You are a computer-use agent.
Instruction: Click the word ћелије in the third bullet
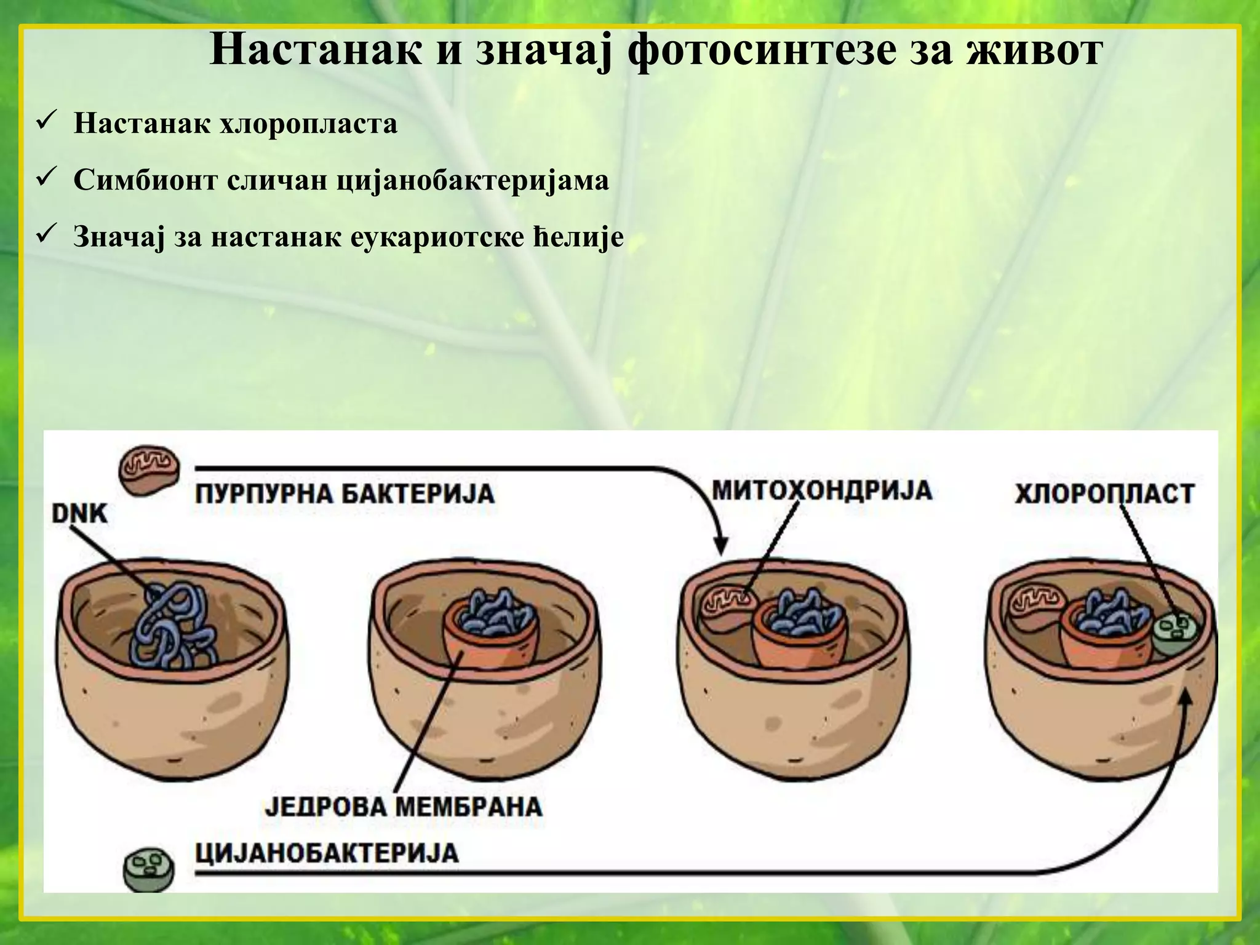(x=578, y=237)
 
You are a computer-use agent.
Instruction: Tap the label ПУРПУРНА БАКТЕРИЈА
(x=345, y=494)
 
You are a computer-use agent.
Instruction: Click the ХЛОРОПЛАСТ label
(x=1104, y=494)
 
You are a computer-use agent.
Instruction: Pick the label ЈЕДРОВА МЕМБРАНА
(x=404, y=806)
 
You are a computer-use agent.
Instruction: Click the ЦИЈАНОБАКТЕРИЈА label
(x=327, y=853)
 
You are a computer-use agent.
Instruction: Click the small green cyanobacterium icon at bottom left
(x=148, y=869)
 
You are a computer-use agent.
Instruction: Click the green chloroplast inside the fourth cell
(x=1174, y=635)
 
